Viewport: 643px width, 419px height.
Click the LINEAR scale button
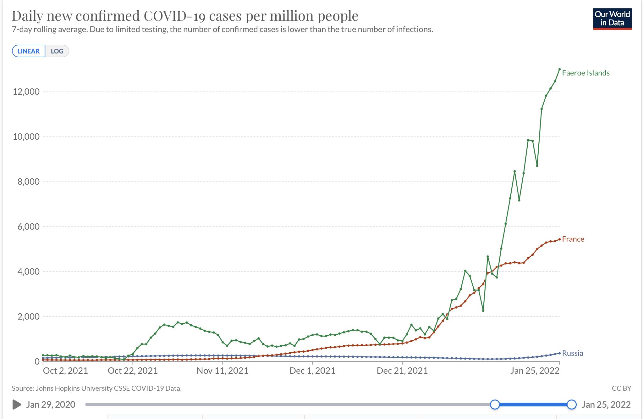click(x=29, y=51)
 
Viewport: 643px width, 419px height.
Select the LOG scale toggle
click(x=57, y=51)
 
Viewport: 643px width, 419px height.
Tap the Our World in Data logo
click(x=612, y=19)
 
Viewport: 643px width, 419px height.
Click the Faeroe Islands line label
click(x=585, y=73)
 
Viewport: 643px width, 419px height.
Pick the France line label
click(x=573, y=239)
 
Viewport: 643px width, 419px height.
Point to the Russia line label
click(x=572, y=353)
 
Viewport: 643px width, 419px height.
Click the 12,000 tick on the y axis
click(x=26, y=92)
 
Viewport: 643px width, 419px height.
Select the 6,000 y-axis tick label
click(x=29, y=226)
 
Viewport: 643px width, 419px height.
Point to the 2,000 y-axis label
click(x=29, y=316)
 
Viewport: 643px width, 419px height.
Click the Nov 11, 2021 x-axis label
click(x=223, y=371)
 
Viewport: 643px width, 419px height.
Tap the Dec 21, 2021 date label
click(x=402, y=371)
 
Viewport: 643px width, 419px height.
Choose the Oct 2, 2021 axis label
click(x=65, y=371)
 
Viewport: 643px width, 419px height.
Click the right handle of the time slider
click(x=572, y=405)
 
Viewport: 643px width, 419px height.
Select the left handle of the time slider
click(x=495, y=405)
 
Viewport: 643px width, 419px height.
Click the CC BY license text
click(x=621, y=388)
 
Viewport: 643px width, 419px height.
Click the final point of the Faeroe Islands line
click(x=559, y=69)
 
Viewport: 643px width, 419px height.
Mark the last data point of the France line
click(x=559, y=239)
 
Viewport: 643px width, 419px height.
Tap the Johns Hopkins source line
click(x=96, y=388)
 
